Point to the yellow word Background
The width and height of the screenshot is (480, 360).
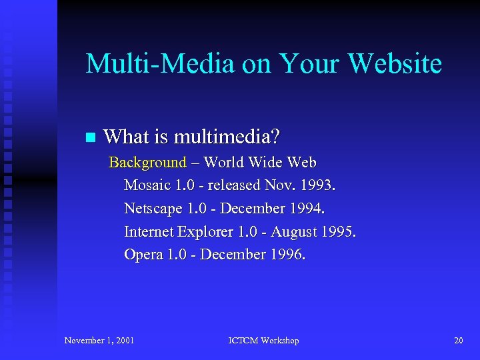pos(147,163)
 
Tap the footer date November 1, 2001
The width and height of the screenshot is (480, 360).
pos(99,341)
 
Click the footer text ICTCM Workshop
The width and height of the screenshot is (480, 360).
pos(263,341)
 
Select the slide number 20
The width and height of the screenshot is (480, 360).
pos(458,341)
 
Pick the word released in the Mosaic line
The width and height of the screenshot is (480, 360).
pos(233,185)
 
